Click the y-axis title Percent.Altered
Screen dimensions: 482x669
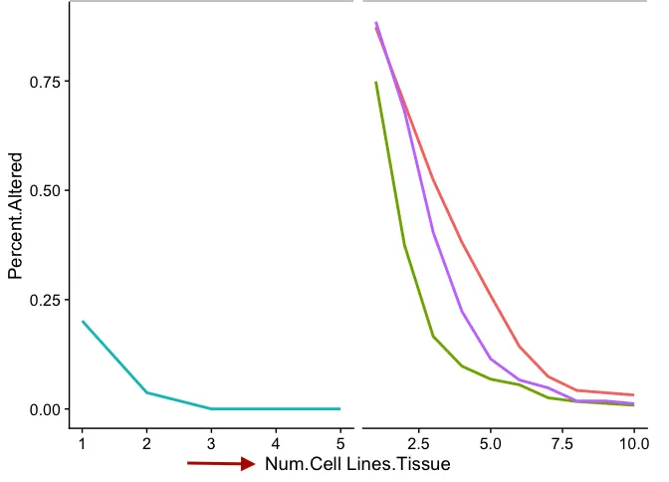pos(16,215)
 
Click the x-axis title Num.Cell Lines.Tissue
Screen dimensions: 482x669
pos(357,464)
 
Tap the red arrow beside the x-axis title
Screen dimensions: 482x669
pos(221,463)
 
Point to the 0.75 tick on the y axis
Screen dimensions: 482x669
pos(43,82)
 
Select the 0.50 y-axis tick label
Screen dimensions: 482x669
pos(43,190)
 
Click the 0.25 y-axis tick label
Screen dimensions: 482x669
pos(43,300)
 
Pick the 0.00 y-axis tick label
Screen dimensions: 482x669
pos(43,409)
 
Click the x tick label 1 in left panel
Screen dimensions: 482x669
pos(83,443)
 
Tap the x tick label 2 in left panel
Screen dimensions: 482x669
pos(147,443)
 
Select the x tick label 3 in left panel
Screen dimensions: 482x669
pos(211,443)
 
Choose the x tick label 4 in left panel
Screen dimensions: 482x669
pos(276,443)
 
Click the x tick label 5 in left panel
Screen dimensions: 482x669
pos(340,443)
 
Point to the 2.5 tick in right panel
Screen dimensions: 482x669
pos(418,443)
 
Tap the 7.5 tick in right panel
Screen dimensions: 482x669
pos(562,443)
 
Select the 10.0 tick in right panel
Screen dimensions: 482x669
pos(634,443)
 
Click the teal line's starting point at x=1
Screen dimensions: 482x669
pos(83,322)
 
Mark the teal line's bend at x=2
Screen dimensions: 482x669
pos(147,392)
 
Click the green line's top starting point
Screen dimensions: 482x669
pos(375,83)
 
